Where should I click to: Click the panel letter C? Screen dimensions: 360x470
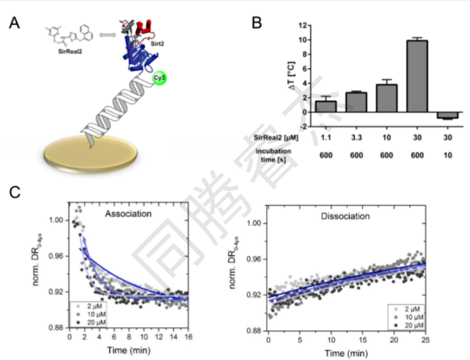tap(16, 192)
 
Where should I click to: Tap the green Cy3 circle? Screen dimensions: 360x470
tap(159, 79)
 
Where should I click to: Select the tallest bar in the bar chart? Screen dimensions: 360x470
tap(417, 76)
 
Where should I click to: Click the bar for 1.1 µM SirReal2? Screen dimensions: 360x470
tap(326, 107)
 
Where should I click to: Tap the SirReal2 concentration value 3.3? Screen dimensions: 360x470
tap(356, 138)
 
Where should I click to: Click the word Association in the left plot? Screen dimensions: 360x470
tap(128, 214)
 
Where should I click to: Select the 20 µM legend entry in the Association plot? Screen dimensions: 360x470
tap(95, 322)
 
